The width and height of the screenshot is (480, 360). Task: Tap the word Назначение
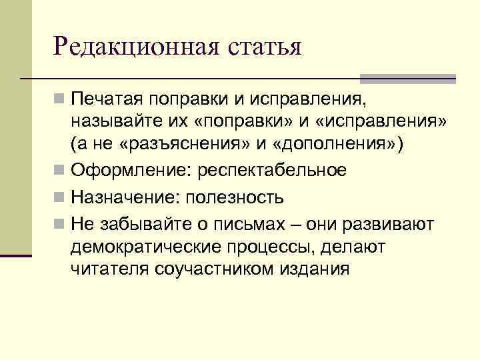coord(125,198)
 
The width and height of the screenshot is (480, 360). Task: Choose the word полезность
coord(235,198)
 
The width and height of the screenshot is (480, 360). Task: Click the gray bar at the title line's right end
coord(430,79)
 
